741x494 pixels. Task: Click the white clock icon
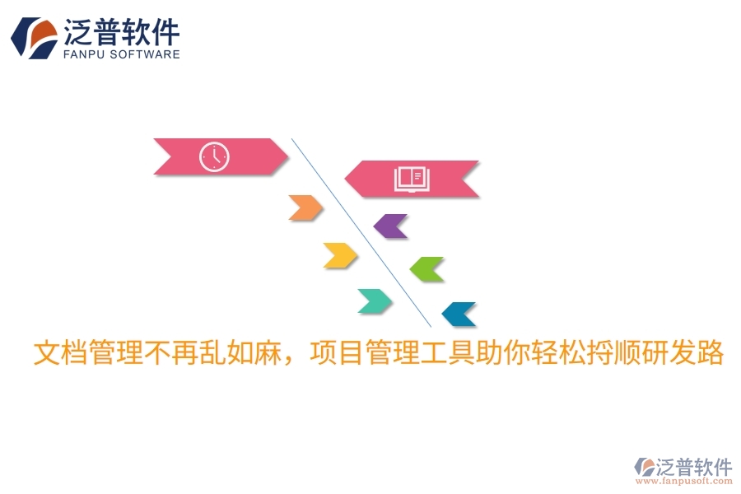click(x=214, y=156)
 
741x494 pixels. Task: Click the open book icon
click(x=412, y=179)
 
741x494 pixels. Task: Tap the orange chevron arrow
click(x=305, y=208)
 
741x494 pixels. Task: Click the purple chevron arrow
click(x=391, y=226)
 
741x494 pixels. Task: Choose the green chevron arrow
click(x=426, y=268)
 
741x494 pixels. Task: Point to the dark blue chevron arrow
click(x=459, y=314)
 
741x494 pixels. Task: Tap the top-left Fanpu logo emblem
click(x=34, y=38)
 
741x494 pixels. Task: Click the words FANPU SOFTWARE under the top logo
click(x=122, y=54)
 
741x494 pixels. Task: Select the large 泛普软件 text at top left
click(x=122, y=31)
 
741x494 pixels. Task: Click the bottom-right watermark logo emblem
click(x=644, y=468)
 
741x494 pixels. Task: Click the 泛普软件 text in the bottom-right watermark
click(x=694, y=467)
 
